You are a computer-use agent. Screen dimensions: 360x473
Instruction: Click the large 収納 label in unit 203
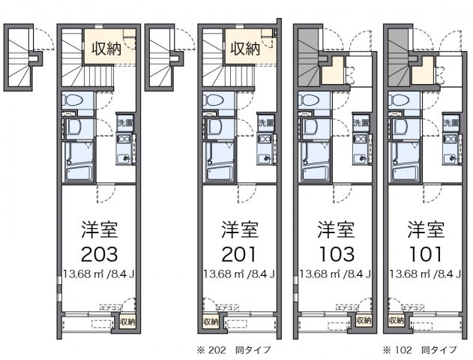(x=108, y=49)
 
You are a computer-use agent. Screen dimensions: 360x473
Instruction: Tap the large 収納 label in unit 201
(x=244, y=49)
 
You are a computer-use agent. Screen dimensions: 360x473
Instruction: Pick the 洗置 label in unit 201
(x=266, y=122)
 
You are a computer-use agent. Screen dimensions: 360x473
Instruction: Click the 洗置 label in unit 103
(x=361, y=122)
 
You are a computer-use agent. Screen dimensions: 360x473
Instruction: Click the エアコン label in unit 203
(x=112, y=307)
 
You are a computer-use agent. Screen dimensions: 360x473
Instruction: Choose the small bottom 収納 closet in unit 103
(x=364, y=321)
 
